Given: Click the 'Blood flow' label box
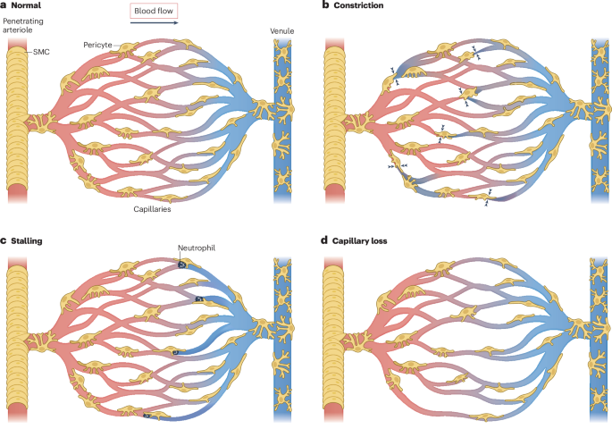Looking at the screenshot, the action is pyautogui.click(x=154, y=11).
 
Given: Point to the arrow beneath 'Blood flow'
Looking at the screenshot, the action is pyautogui.click(x=154, y=22).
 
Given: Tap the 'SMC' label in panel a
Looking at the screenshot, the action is pyautogui.click(x=41, y=52).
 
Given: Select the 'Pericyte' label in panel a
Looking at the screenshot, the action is pyautogui.click(x=97, y=45).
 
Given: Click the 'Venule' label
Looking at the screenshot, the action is pyautogui.click(x=281, y=31).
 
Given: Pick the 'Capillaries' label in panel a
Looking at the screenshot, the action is pyautogui.click(x=152, y=209).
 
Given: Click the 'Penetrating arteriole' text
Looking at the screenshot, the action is pyautogui.click(x=22, y=25).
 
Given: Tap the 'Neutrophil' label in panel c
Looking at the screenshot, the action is pyautogui.click(x=197, y=248).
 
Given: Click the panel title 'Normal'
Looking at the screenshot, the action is pyautogui.click(x=26, y=5).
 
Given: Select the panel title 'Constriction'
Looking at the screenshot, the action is pyautogui.click(x=358, y=5).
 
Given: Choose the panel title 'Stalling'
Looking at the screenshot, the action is pyautogui.click(x=27, y=240).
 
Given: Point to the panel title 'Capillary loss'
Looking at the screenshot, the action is pyautogui.click(x=359, y=240).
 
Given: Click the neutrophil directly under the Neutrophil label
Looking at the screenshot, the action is pyautogui.click(x=182, y=265).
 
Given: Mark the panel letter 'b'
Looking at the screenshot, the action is pyautogui.click(x=325, y=5).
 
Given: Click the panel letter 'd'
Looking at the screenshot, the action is pyautogui.click(x=324, y=240).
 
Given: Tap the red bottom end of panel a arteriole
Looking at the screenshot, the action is pyautogui.click(x=17, y=194).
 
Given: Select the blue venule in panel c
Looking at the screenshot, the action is pyautogui.click(x=282, y=339).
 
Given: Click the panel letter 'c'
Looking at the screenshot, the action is pyautogui.click(x=3, y=240).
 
